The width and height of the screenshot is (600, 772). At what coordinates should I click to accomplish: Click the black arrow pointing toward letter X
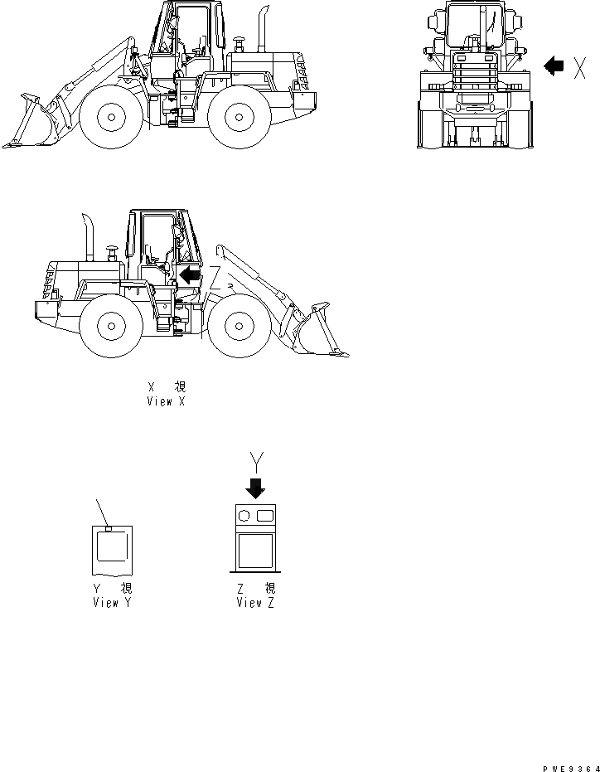554,67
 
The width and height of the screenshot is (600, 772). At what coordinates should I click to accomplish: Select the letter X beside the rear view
581,68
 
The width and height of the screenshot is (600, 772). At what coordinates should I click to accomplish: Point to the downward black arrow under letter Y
256,487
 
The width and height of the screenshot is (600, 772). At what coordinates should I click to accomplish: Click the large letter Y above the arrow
256,459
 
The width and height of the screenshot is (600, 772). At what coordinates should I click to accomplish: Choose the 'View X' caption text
166,395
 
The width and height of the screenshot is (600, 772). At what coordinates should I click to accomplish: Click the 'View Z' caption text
255,596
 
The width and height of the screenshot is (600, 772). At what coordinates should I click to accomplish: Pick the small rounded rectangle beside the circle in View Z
265,517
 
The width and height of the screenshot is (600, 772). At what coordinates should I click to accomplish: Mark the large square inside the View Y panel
111,547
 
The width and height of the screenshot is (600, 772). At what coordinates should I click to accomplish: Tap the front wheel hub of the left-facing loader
109,117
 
